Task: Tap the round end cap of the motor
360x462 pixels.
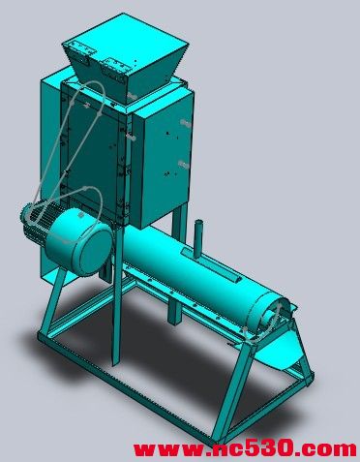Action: [79, 241]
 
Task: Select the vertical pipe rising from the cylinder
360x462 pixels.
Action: [199, 238]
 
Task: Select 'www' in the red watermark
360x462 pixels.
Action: [167, 449]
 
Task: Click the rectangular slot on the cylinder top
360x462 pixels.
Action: [211, 266]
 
